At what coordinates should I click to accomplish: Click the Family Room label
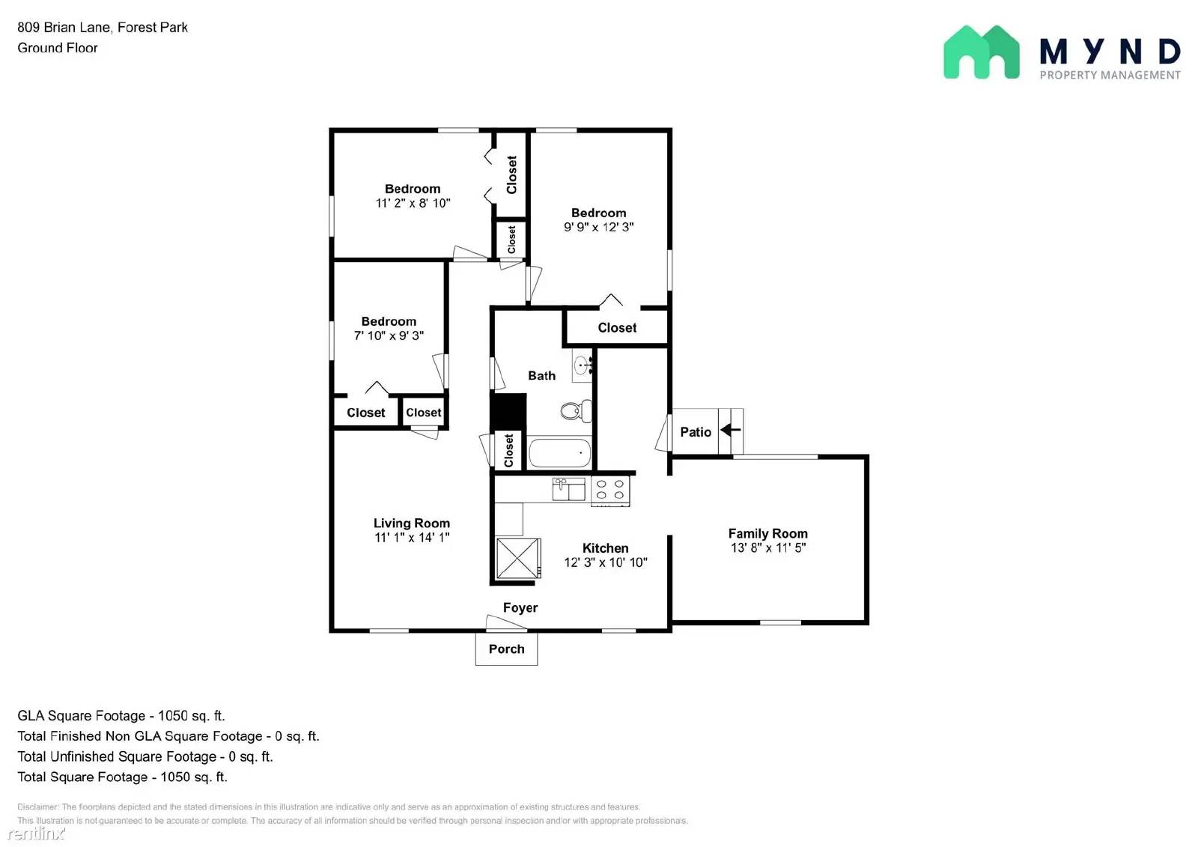coord(767,533)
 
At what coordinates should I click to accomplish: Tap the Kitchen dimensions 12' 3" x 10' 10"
coord(605,562)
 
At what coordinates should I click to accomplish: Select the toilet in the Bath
coord(575,410)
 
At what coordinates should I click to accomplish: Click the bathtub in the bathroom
coord(559,453)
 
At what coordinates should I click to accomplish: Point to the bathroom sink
coord(583,365)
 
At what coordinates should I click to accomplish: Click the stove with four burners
coord(610,491)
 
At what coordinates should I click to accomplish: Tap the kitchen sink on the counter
coord(568,489)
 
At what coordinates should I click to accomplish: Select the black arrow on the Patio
coord(730,430)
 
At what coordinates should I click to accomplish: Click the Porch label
coord(506,649)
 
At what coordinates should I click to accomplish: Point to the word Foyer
coord(520,607)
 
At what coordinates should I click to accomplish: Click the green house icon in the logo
coord(981,52)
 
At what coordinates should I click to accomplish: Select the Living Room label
coord(411,523)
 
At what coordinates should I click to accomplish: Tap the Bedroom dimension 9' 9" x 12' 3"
coord(598,227)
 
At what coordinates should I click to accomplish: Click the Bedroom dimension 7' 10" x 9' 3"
coord(389,336)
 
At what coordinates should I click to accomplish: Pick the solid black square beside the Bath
coord(508,411)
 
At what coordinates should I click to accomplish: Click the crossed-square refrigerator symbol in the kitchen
coord(517,558)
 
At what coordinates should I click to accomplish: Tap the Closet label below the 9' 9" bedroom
coord(617,328)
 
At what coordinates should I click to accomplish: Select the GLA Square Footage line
coord(121,715)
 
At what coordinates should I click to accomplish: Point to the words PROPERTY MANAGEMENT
coord(1110,75)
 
